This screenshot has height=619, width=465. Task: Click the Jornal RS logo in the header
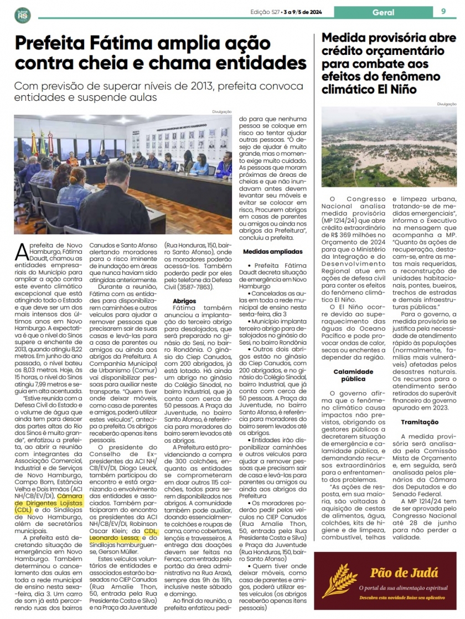coord(23,14)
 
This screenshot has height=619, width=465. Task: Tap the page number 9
coord(443,11)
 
